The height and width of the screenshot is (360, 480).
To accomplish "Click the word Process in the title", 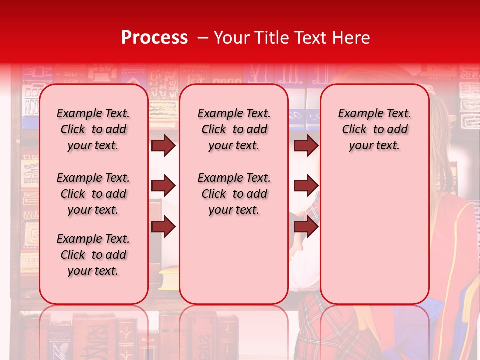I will (x=154, y=38).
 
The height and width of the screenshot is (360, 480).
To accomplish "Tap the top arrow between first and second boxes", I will (x=163, y=145).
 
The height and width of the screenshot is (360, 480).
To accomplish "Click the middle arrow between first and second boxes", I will (x=163, y=186).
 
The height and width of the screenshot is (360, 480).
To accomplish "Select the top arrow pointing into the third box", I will (x=305, y=145).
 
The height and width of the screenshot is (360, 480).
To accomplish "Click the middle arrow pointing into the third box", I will (x=305, y=186).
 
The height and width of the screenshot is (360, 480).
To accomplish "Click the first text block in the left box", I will (x=93, y=129).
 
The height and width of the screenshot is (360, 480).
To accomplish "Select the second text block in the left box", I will (x=93, y=194).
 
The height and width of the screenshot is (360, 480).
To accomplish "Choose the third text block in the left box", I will (x=93, y=255).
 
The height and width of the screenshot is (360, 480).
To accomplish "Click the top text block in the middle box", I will (x=234, y=129).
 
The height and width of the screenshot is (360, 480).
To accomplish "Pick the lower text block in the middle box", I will (x=234, y=194).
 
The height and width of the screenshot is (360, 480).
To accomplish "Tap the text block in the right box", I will (x=374, y=129).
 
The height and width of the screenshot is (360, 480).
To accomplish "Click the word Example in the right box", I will (x=356, y=114).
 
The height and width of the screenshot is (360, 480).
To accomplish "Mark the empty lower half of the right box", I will (x=374, y=240).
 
